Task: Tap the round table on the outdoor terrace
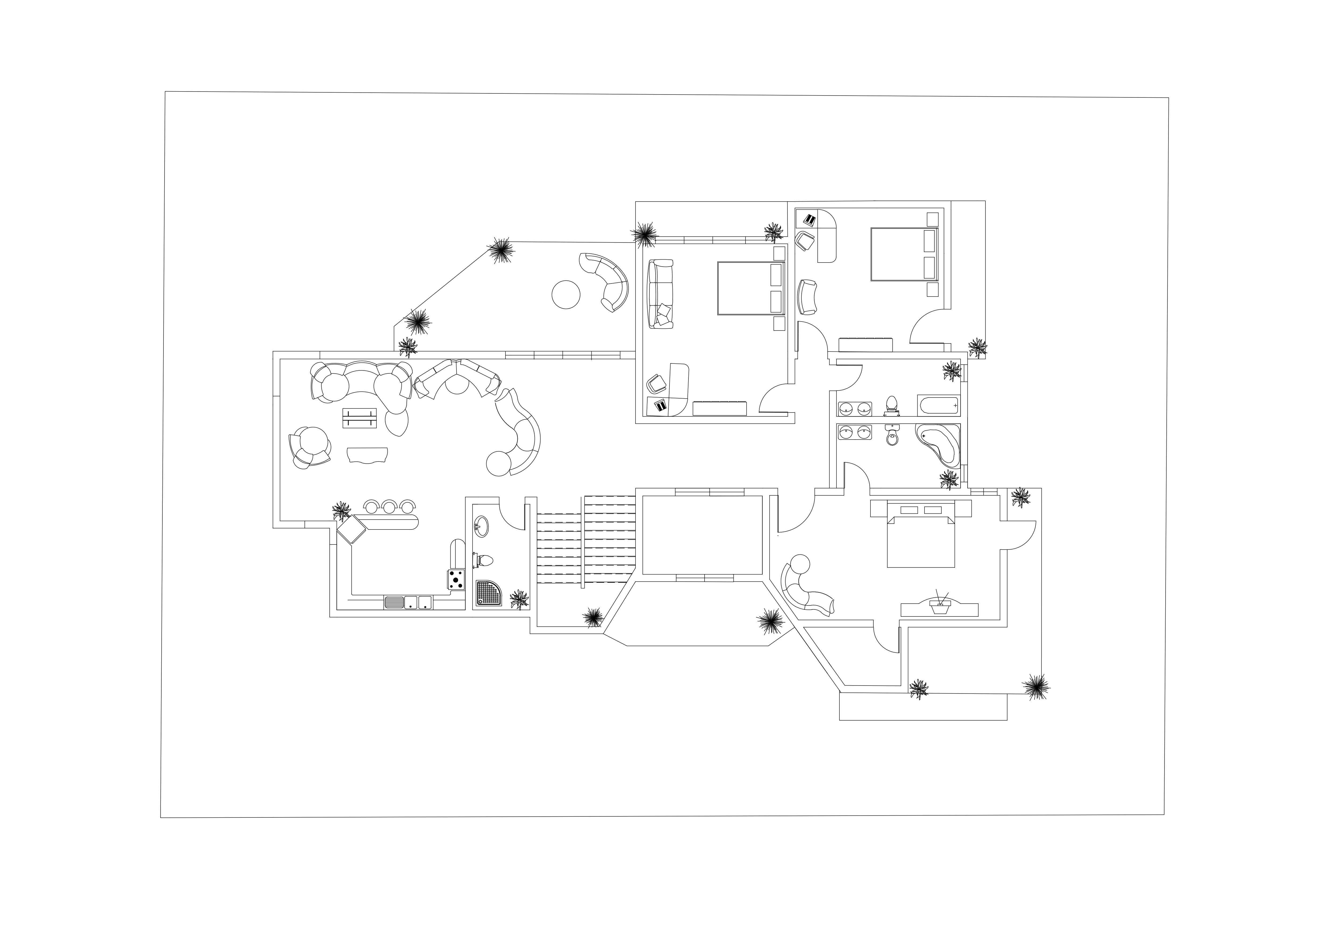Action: (x=566, y=294)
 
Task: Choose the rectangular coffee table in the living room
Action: (x=359, y=418)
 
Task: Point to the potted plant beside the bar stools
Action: (x=341, y=511)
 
